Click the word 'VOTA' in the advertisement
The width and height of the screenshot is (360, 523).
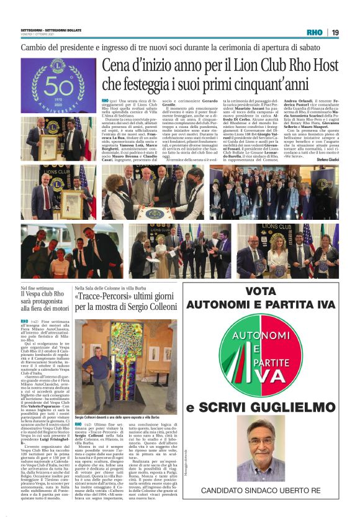[260, 291]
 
